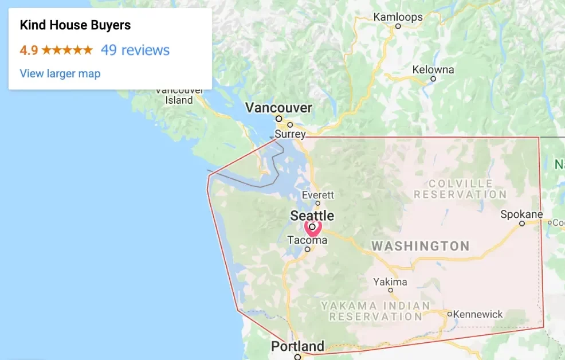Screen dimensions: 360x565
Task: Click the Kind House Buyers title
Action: coord(75,25)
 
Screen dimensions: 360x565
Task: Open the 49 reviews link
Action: coord(135,50)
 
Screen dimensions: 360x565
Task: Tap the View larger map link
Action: coord(60,73)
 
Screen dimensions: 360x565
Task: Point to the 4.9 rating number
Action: coord(29,50)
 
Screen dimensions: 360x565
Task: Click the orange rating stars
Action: coord(67,50)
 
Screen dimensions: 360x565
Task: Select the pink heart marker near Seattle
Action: coord(312,228)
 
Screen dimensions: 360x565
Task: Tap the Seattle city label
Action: coord(312,216)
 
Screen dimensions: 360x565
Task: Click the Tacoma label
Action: coord(307,240)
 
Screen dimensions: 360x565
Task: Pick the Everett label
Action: coord(317,195)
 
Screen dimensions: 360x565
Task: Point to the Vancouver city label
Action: coord(278,107)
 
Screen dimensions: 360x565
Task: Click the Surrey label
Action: coord(290,134)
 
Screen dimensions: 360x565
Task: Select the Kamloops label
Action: coord(398,17)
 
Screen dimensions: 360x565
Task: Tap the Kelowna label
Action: coord(433,70)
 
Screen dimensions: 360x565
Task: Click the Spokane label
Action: coord(521,214)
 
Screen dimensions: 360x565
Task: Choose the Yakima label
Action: coord(390,281)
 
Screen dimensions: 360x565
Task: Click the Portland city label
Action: coord(297,346)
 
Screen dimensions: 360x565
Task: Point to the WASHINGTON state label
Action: coord(421,246)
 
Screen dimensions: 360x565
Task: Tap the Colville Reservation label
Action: coord(460,189)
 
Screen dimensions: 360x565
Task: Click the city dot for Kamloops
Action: coord(398,26)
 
